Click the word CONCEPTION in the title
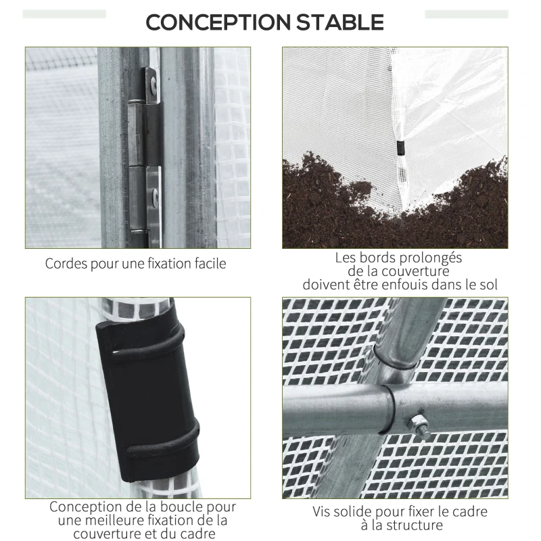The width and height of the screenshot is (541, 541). (x=218, y=22)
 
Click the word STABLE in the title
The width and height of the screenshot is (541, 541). (x=340, y=22)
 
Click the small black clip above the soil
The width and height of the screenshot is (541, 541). (x=400, y=147)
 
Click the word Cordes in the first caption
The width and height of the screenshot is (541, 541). (x=66, y=264)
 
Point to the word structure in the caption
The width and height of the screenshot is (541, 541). (x=415, y=525)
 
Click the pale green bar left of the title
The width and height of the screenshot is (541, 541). (x=64, y=14)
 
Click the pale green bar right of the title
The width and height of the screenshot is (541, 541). (x=467, y=14)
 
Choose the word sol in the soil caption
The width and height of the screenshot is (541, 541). (x=488, y=285)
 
